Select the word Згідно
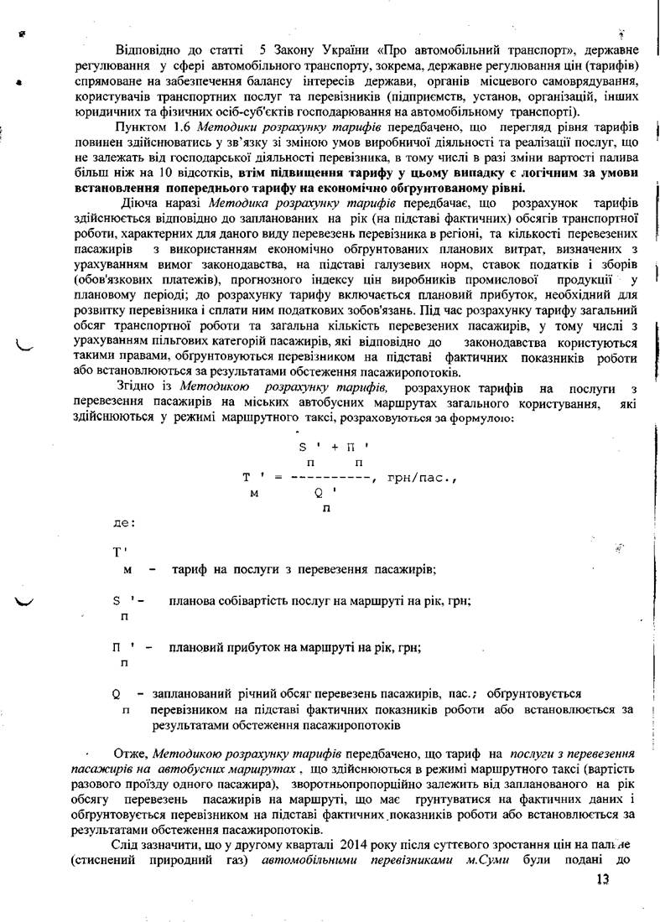coord(141,389)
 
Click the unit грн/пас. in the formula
coord(420,478)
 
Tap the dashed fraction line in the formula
coord(332,478)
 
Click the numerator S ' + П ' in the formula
coord(334,447)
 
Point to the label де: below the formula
coord(123,523)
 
